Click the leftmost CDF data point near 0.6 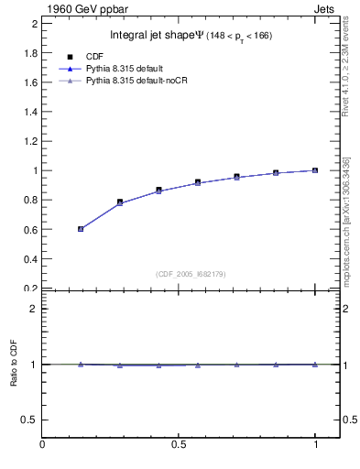tap(81, 229)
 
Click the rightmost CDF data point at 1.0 tap(315, 170)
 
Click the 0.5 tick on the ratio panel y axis tap(30, 420)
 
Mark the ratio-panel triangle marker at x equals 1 tap(315, 364)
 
